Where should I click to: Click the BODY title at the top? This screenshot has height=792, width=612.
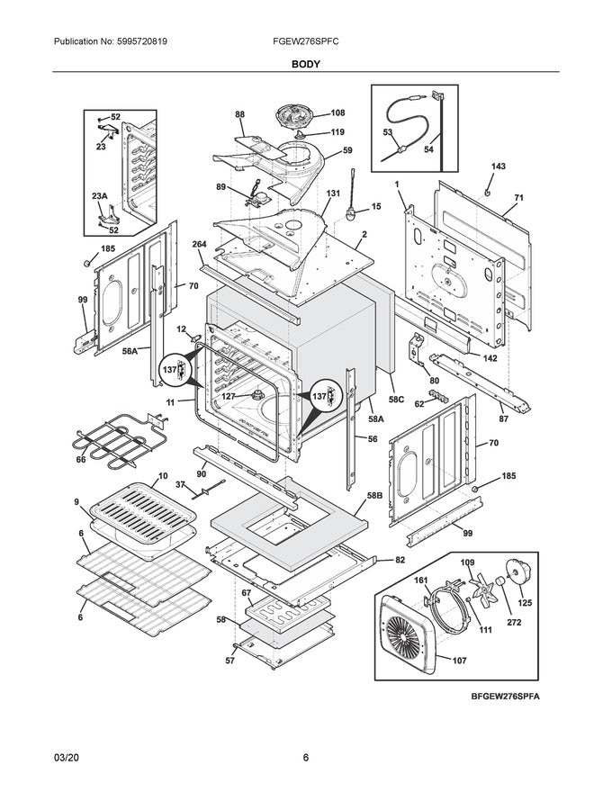tap(305, 65)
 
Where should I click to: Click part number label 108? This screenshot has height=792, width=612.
tap(312, 113)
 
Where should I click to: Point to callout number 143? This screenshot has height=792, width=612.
tap(498, 166)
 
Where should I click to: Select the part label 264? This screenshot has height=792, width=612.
tap(199, 244)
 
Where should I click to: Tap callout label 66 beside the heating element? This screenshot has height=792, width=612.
tap(81, 460)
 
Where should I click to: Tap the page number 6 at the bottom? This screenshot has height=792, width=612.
tap(305, 758)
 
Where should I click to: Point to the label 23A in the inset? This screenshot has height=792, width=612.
tap(99, 195)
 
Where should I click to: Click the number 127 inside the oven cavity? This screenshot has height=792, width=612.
tap(229, 395)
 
